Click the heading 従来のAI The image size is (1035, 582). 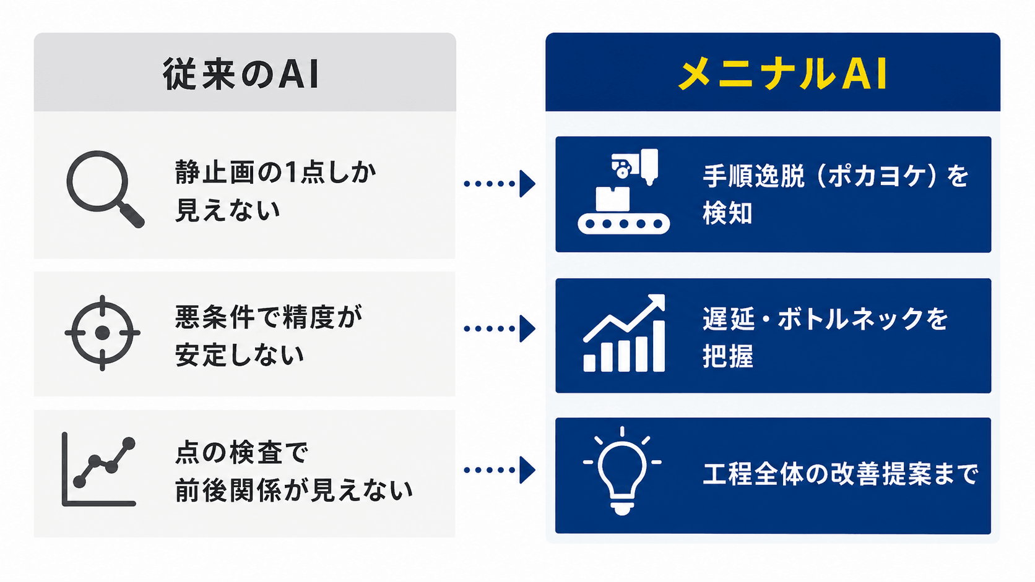tap(241, 74)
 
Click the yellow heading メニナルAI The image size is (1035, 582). tap(782, 74)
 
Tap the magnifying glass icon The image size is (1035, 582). tap(105, 188)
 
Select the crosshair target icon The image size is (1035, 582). tap(102, 332)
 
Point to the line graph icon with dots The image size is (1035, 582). tap(98, 469)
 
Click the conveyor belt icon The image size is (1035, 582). tap(623, 191)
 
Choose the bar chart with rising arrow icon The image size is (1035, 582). tap(624, 333)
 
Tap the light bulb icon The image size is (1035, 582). tap(622, 471)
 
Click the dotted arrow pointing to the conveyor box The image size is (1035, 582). tap(500, 184)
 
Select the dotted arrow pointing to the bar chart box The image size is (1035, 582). tap(500, 328)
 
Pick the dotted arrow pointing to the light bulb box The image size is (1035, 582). tap(500, 470)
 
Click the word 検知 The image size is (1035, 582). tap(728, 213)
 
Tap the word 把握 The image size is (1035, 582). tap(728, 356)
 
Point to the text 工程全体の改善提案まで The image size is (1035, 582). tap(841, 474)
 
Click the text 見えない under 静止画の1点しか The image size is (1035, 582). tap(227, 210)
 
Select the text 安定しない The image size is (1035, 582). tap(240, 355)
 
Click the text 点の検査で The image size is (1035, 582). tap(241, 452)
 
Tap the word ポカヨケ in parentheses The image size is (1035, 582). tap(877, 176)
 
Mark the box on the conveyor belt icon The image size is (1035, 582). tap(613, 199)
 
